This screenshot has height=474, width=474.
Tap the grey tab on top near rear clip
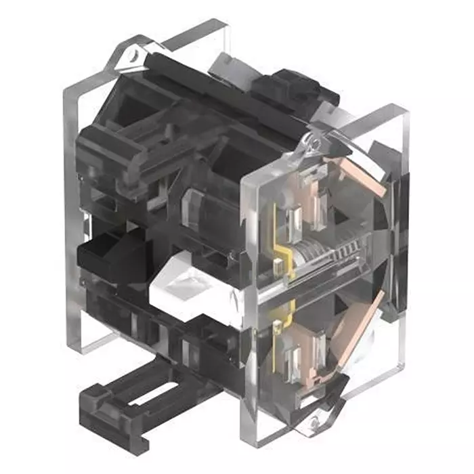230,64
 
